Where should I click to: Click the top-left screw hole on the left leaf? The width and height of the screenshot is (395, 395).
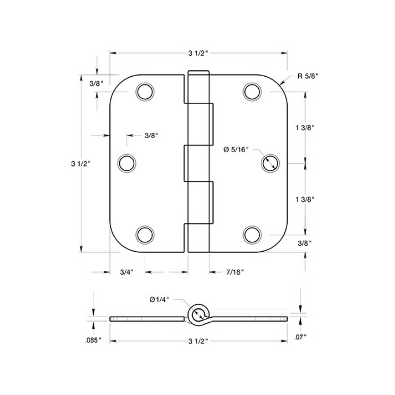pyautogui.click(x=144, y=92)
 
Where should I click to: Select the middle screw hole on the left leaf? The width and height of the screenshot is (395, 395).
pyautogui.click(x=127, y=163)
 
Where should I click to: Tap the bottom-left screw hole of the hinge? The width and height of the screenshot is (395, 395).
pyautogui.click(x=144, y=235)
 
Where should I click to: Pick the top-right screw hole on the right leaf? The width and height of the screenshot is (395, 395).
pyautogui.click(x=252, y=92)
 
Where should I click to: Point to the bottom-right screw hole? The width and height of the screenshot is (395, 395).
pyautogui.click(x=252, y=235)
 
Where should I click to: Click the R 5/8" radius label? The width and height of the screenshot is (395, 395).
pyautogui.click(x=308, y=76)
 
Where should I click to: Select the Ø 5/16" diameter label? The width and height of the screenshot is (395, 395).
pyautogui.click(x=236, y=149)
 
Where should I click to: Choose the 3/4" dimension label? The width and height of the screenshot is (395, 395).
pyautogui.click(x=127, y=272)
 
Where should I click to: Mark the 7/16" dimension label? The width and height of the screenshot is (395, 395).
pyautogui.click(x=235, y=272)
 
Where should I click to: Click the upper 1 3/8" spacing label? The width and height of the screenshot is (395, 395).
pyautogui.click(x=305, y=128)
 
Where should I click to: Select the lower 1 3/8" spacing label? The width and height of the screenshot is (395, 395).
pyautogui.click(x=305, y=199)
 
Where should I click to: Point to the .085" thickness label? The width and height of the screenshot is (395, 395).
pyautogui.click(x=93, y=340)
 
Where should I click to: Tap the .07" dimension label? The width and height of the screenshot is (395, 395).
pyautogui.click(x=301, y=337)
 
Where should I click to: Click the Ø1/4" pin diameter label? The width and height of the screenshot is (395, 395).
pyautogui.click(x=159, y=299)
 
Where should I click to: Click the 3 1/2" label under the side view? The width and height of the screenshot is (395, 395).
pyautogui.click(x=198, y=341)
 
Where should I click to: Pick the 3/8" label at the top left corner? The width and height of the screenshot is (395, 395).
pyautogui.click(x=96, y=83)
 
